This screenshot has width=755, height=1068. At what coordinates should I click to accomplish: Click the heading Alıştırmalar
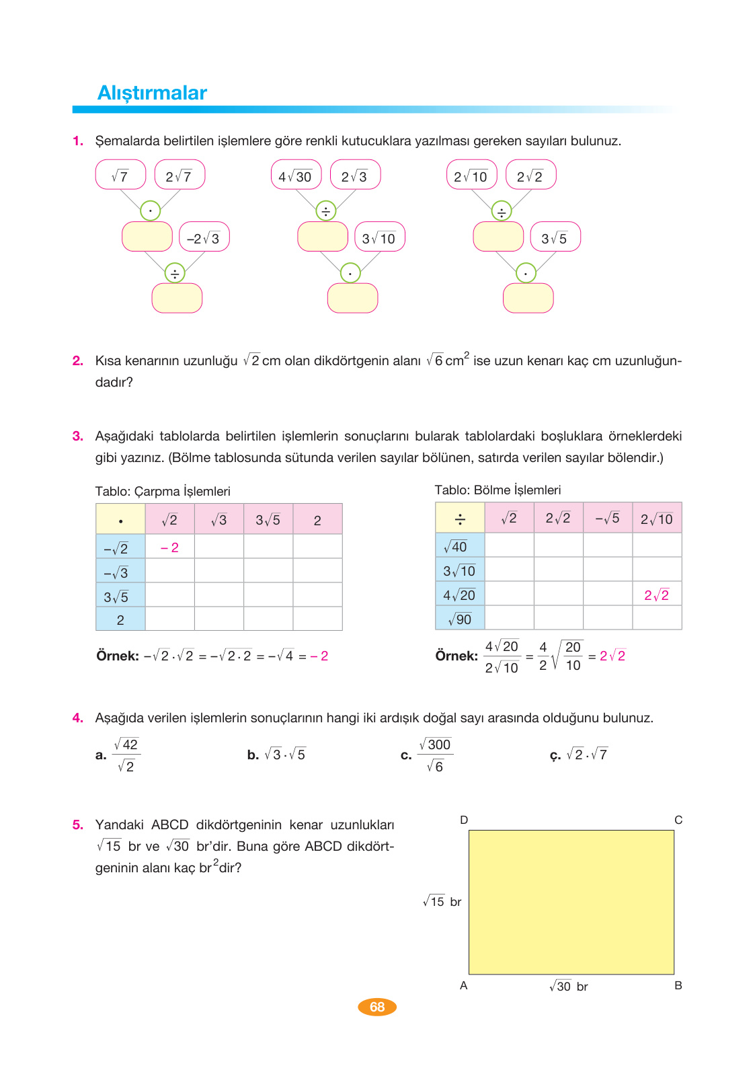[x=152, y=93]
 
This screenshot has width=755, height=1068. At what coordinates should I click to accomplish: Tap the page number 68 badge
[x=377, y=1007]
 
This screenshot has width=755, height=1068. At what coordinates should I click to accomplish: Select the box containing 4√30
[x=296, y=176]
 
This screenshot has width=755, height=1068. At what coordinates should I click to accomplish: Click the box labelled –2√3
[x=204, y=238]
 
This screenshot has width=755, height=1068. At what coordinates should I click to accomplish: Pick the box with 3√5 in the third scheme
[x=555, y=238]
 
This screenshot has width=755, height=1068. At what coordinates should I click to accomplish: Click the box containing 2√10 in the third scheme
[x=471, y=176]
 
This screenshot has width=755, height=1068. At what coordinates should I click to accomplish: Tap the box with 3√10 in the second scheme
[x=380, y=238]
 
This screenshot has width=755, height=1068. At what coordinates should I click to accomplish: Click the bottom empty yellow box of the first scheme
[x=177, y=298]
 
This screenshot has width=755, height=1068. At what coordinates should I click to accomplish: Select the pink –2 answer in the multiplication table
[x=169, y=547]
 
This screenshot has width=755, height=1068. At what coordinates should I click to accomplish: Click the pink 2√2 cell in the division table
[x=657, y=595]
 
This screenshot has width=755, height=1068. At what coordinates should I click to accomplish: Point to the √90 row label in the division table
[x=460, y=619]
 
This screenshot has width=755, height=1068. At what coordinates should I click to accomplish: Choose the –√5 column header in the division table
[x=607, y=518]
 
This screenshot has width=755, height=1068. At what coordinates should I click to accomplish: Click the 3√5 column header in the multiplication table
[x=268, y=520]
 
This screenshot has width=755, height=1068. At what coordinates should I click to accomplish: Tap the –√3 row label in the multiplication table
[x=116, y=572]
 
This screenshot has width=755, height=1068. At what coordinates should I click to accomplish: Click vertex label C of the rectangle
[x=678, y=820]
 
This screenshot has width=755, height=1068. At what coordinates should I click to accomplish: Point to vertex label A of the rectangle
[x=463, y=985]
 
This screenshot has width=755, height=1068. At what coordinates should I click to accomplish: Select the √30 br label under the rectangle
[x=569, y=987]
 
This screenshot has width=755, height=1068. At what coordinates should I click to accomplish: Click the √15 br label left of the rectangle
[x=442, y=902]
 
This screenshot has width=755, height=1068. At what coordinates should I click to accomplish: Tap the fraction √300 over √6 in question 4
[x=436, y=755]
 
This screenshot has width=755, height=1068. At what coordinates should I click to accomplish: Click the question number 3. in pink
[x=78, y=436]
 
